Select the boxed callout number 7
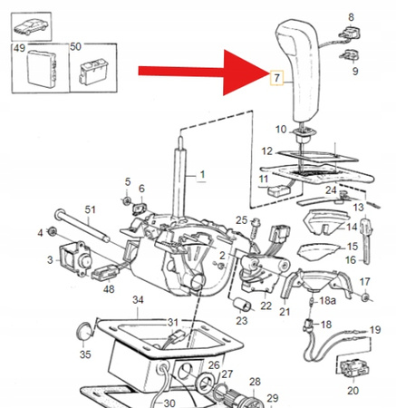coord(277,79)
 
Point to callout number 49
coord(19,45)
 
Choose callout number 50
coord(75,45)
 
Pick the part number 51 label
coord(89,209)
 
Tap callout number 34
coord(138,299)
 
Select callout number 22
coord(266,306)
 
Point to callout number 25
coord(241,220)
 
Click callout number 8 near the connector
coord(353,15)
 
